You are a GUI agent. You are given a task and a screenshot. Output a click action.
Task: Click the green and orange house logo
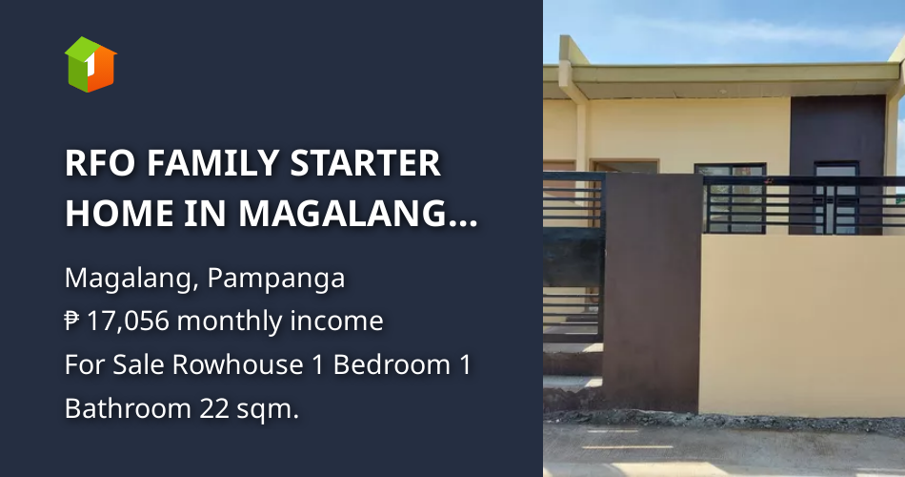90,64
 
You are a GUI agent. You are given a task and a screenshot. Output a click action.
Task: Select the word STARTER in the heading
366,164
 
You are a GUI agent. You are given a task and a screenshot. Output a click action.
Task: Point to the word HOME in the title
119,214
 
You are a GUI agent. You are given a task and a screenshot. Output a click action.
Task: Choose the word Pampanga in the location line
276,279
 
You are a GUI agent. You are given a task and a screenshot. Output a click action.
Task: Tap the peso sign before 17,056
71,321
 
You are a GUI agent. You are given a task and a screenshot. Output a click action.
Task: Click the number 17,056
129,321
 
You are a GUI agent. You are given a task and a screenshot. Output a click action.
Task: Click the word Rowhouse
238,364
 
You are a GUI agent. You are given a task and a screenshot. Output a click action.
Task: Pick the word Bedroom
392,364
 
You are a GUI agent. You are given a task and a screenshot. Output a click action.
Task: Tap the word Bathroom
129,408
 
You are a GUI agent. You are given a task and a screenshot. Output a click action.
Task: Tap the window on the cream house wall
730,197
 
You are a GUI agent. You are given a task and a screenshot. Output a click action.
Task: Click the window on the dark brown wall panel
836,197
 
